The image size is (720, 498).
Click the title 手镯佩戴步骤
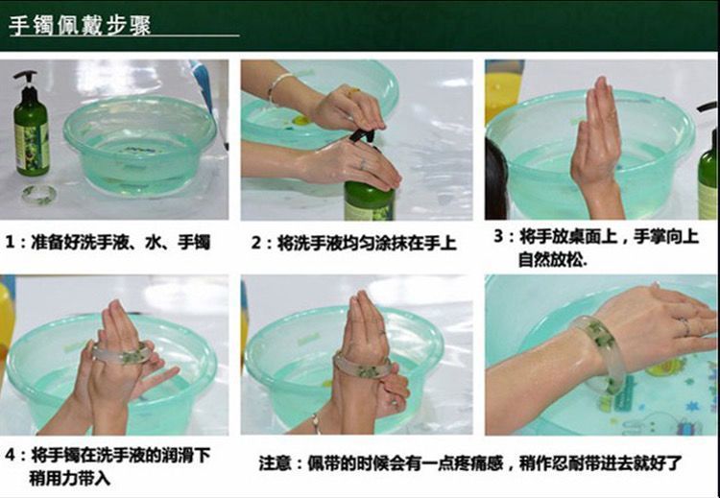(80, 25)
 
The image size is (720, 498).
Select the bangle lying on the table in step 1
(39, 194)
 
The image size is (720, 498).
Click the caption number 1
(11, 243)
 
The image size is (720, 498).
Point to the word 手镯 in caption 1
(194, 242)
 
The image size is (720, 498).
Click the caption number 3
(498, 237)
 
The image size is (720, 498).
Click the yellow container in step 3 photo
(504, 90)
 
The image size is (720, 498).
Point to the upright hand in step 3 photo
(597, 147)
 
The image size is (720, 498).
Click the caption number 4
(11, 456)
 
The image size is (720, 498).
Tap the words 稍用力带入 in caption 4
(69, 478)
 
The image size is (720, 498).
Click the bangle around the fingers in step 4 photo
(122, 354)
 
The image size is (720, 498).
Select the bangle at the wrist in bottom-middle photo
(363, 366)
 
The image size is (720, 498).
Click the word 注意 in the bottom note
(275, 462)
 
